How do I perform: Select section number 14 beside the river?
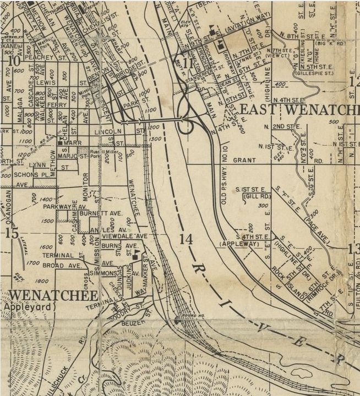point(186,239)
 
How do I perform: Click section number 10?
point(14,61)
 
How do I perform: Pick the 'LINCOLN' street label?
point(108,132)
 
